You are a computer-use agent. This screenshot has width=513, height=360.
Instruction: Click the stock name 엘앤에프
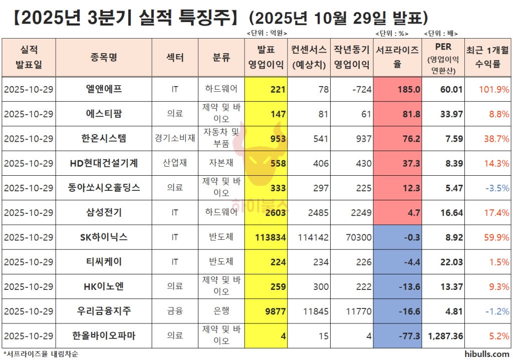104,90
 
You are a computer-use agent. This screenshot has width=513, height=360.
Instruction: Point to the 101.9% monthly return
494,90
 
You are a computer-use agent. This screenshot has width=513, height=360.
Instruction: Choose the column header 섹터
175,58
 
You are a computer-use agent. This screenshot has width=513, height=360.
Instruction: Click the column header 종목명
104,58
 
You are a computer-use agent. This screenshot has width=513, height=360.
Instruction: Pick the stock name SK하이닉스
104,237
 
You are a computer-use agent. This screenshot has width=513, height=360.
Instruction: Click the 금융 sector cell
175,311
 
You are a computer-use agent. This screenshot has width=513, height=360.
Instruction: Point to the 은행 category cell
221,311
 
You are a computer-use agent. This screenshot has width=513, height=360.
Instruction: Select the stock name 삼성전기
104,212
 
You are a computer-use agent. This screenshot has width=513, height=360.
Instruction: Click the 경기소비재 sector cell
175,139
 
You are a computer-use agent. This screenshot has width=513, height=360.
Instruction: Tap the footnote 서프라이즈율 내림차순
41,354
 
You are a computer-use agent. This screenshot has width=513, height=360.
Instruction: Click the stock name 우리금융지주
104,311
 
